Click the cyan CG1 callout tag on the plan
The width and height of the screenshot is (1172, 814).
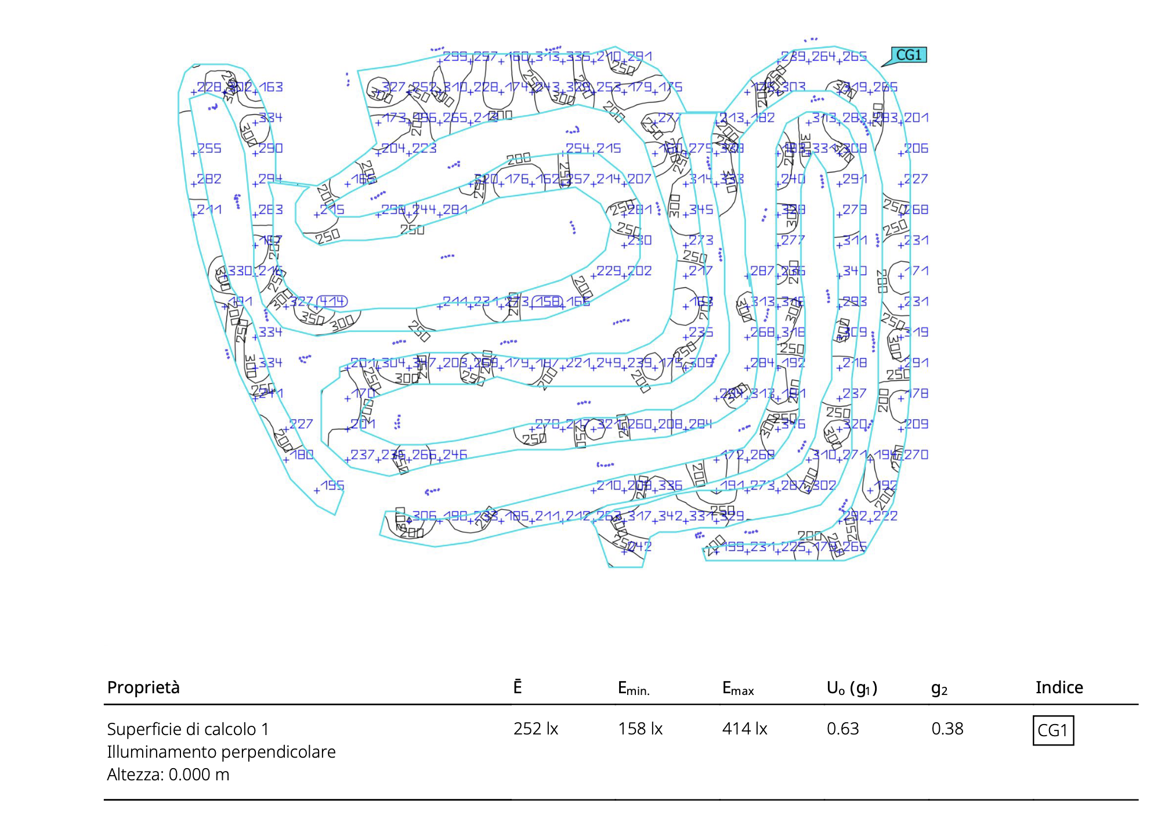pyautogui.click(x=908, y=55)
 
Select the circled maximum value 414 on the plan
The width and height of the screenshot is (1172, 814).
pyautogui.click(x=332, y=301)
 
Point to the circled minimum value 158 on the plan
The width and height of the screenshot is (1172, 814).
pyautogui.click(x=548, y=301)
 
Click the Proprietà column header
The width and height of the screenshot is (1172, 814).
pyautogui.click(x=143, y=687)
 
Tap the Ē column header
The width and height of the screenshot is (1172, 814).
pyautogui.click(x=518, y=687)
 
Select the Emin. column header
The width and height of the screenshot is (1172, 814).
pyautogui.click(x=634, y=689)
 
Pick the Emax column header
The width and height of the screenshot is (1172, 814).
pyautogui.click(x=738, y=689)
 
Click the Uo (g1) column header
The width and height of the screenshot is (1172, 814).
pyautogui.click(x=852, y=689)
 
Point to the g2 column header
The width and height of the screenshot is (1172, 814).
pyautogui.click(x=939, y=689)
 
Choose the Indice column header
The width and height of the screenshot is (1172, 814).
pyautogui.click(x=1059, y=687)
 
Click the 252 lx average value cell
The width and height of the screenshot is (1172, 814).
pyautogui.click(x=536, y=729)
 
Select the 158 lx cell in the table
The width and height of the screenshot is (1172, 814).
pyautogui.click(x=640, y=729)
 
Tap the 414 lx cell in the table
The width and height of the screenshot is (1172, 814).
pyautogui.click(x=744, y=729)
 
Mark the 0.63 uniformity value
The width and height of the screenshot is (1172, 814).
pyautogui.click(x=842, y=729)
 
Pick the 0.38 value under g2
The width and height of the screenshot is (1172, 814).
pyautogui.click(x=947, y=729)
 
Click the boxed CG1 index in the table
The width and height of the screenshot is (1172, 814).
pyautogui.click(x=1053, y=730)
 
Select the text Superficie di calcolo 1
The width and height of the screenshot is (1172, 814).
pyautogui.click(x=188, y=729)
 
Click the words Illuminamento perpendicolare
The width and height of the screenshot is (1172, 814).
pyautogui.click(x=221, y=752)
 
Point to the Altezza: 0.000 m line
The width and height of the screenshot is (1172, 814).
pyautogui.click(x=168, y=775)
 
